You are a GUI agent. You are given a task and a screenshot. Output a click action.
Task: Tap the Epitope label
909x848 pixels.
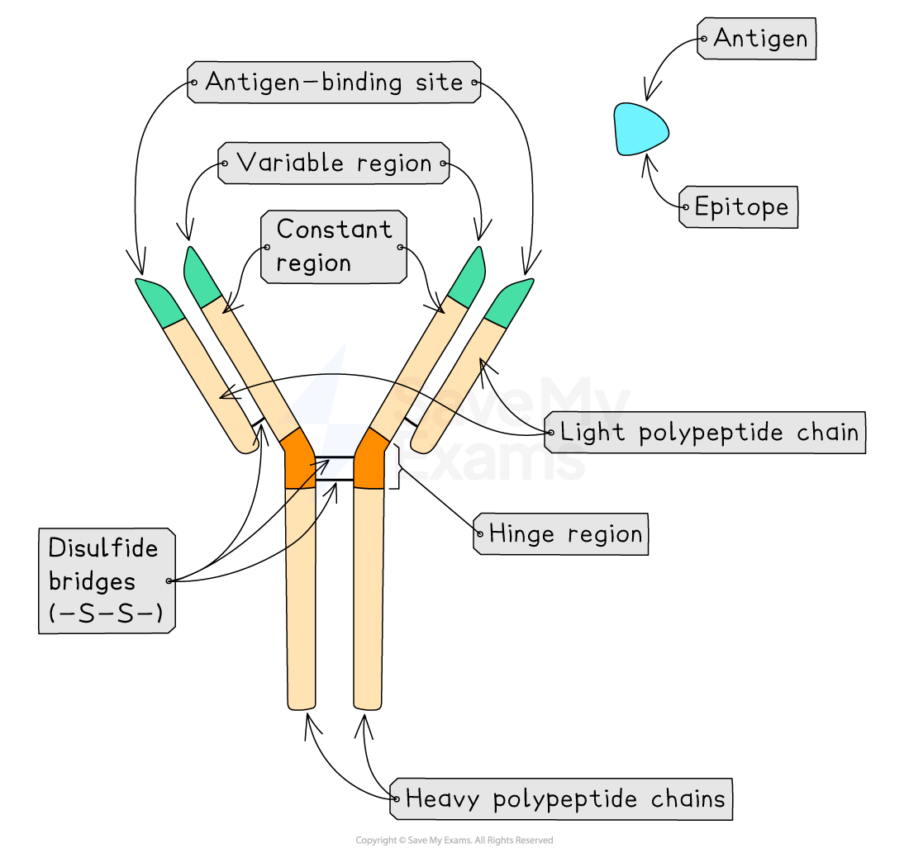tap(739, 206)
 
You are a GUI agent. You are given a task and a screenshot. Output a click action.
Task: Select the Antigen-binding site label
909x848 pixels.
tap(334, 83)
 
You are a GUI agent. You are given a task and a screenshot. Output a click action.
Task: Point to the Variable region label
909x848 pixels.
tap(334, 163)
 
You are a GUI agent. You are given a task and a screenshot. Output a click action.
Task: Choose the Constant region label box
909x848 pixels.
tap(334, 247)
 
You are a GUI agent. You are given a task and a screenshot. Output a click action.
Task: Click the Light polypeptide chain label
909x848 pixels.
tap(706, 432)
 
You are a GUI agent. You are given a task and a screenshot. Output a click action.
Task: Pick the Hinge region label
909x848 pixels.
tap(561, 534)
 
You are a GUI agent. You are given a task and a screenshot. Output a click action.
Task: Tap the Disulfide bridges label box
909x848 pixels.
tap(107, 581)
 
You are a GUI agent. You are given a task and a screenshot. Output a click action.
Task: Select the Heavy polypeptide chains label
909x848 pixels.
tap(561, 799)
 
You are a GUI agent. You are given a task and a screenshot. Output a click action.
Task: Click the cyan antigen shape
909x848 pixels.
tap(638, 129)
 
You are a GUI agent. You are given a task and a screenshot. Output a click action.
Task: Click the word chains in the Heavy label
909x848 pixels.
tap(688, 799)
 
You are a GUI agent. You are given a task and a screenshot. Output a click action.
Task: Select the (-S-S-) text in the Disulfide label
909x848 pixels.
tap(106, 614)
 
